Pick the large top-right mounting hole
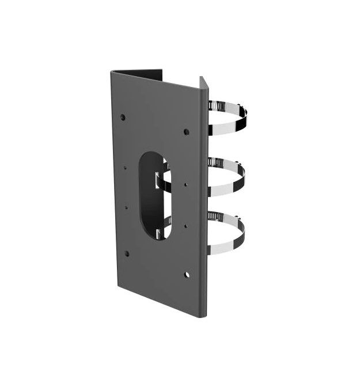[x=185, y=132]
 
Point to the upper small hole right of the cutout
[x=185, y=185]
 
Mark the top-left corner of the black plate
[x=111, y=70]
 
